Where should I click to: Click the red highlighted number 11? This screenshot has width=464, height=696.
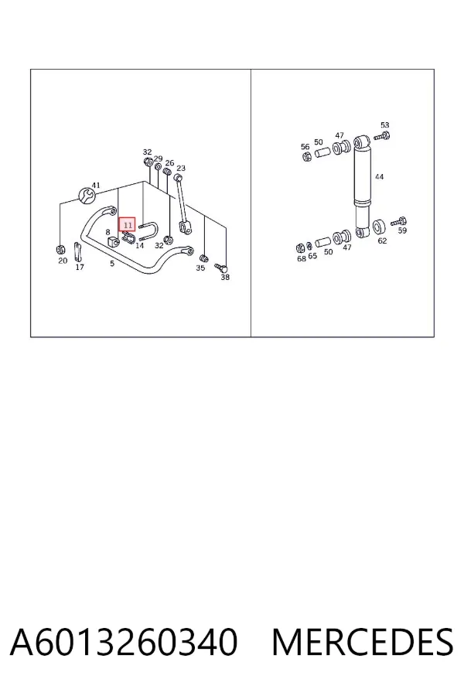pyautogui.click(x=128, y=226)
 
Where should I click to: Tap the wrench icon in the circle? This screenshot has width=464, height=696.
pyautogui.click(x=87, y=195)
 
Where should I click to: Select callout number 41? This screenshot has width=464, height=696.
pyautogui.click(x=96, y=185)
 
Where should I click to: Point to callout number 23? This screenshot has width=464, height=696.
pyautogui.click(x=181, y=169)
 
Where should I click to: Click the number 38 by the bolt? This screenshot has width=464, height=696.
pyautogui.click(x=225, y=278)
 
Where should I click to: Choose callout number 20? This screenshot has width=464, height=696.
pyautogui.click(x=63, y=261)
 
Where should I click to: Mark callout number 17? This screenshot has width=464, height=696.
pyautogui.click(x=80, y=267)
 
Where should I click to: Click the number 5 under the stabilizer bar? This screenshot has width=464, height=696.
pyautogui.click(x=112, y=263)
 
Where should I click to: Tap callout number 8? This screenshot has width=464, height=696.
pyautogui.click(x=107, y=232)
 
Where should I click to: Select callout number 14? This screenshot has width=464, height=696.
pyautogui.click(x=139, y=245)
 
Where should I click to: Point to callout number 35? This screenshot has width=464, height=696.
pyautogui.click(x=200, y=268)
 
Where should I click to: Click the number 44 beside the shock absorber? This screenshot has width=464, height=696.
pyautogui.click(x=379, y=176)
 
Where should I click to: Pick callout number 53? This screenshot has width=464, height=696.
pyautogui.click(x=384, y=125)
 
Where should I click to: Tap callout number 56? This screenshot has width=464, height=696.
pyautogui.click(x=305, y=146)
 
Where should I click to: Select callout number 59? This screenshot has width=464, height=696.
pyautogui.click(x=402, y=230)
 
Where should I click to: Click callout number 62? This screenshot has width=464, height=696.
pyautogui.click(x=382, y=241)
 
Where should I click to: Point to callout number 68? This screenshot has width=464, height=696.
pyautogui.click(x=302, y=258)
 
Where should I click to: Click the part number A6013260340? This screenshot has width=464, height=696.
pyautogui.click(x=124, y=642)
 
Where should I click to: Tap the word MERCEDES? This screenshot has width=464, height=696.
pyautogui.click(x=363, y=642)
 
